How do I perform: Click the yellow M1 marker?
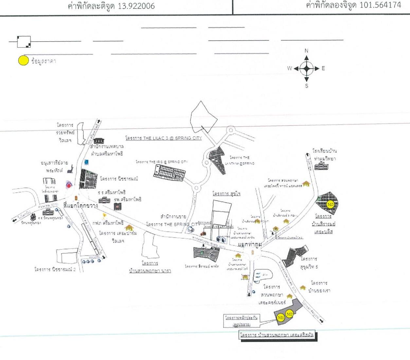pyautogui.click(x=281, y=318)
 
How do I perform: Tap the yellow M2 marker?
pyautogui.click(x=289, y=314)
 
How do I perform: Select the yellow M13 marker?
pyautogui.click(x=330, y=205)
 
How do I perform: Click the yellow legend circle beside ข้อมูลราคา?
pyautogui.click(x=23, y=61)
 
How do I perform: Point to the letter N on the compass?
pyautogui.click(x=306, y=51)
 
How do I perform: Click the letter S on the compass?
pyautogui.click(x=307, y=86)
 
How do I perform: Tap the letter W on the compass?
pyautogui.click(x=289, y=68)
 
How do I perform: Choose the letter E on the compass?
pyautogui.click(x=323, y=68)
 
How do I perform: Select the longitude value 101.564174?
pyautogui.click(x=380, y=5)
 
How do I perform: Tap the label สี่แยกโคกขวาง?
pyautogui.click(x=80, y=206)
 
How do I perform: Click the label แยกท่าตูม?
pyautogui.click(x=250, y=244)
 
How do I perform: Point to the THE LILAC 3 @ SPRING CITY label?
pyautogui.click(x=164, y=138)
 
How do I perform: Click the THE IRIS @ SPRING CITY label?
pyautogui.click(x=162, y=162)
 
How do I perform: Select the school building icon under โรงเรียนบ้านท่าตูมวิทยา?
pyautogui.click(x=321, y=167)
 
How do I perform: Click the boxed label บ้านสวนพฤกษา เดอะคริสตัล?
pyautogui.click(x=277, y=335)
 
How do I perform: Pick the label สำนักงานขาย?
pyautogui.click(x=173, y=217)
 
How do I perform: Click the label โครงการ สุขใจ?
pyautogui.click(x=226, y=193)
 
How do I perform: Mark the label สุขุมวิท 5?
pyautogui.click(x=309, y=267)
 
